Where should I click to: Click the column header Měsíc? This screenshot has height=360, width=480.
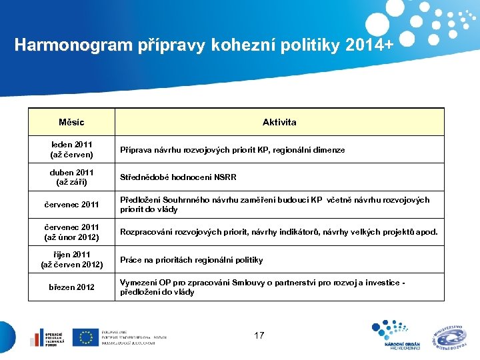(71, 122)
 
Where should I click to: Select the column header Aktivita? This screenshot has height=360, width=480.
(279, 122)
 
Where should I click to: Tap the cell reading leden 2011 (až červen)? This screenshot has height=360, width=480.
(71, 150)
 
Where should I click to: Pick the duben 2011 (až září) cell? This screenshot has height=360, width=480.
(71, 177)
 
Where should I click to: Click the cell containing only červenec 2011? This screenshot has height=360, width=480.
(71, 205)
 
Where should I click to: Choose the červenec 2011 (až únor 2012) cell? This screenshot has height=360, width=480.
(71, 232)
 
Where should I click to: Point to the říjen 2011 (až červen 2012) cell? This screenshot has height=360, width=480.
(71, 259)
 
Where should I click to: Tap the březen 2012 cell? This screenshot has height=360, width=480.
(71, 287)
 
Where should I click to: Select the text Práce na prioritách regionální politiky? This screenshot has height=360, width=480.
(191, 260)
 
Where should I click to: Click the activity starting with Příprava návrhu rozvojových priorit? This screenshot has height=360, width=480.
(232, 150)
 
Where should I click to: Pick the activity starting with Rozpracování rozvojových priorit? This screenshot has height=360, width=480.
(279, 232)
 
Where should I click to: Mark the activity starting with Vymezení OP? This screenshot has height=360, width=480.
(262, 287)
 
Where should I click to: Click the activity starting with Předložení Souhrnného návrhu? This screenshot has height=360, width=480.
(275, 205)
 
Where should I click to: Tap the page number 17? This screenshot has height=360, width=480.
(259, 335)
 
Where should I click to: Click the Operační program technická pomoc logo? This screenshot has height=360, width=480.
(45, 337)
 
